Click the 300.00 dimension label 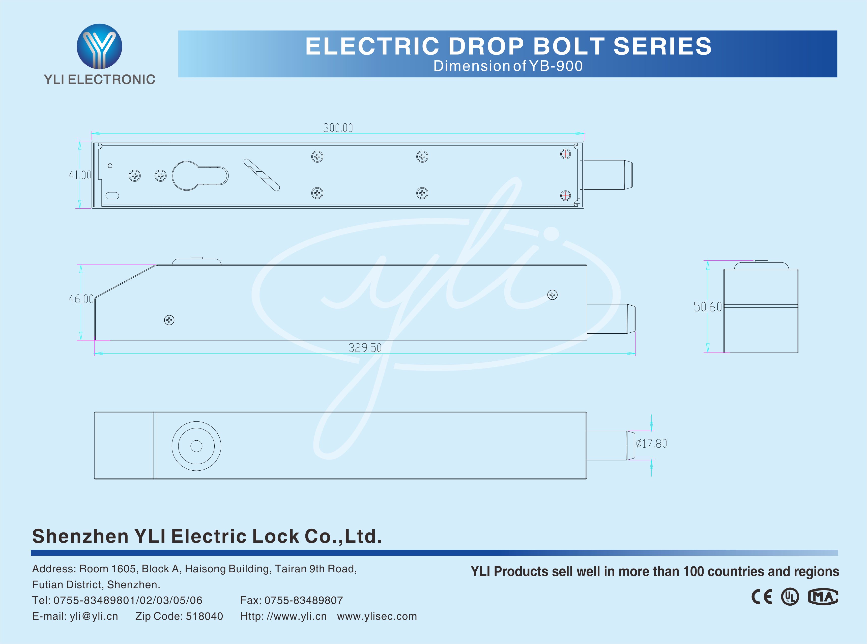tap(338, 128)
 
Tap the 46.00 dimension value tap(81, 299)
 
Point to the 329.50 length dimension tap(365, 348)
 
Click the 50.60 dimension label tap(707, 307)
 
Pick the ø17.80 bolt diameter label tap(652, 444)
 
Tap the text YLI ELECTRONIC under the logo tap(99, 79)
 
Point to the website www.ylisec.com tap(377, 616)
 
